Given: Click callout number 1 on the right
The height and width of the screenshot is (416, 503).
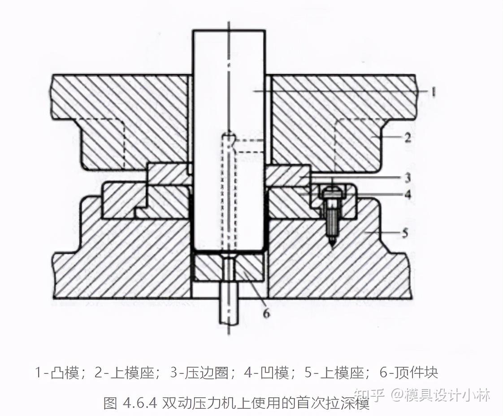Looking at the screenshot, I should click(433, 91).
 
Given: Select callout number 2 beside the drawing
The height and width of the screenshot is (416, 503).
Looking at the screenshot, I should click(407, 137).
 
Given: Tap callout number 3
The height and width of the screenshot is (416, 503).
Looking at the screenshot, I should click(407, 178).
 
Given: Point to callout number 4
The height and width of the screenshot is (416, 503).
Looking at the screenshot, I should click(407, 195).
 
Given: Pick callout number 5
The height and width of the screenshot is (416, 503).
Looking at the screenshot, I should click(405, 233).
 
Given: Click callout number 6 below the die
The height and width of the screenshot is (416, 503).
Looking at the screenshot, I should click(266, 313).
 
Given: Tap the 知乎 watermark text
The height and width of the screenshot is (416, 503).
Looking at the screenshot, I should click(369, 395).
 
